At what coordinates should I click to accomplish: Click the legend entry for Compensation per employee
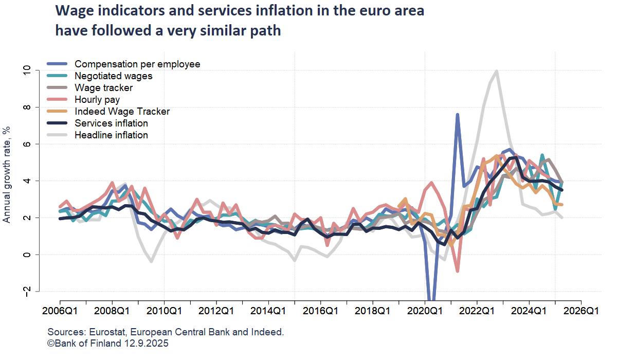pos(137,64)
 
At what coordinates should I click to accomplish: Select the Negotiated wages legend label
pos(113,76)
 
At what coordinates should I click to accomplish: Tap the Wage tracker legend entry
pos(103,88)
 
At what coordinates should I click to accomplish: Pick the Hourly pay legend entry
pos(98,100)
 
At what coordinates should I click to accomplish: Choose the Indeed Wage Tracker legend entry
pos(122,112)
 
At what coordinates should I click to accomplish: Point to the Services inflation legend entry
pos(111,123)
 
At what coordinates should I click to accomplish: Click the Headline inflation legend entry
pos(111,135)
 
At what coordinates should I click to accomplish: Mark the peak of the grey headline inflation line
pos(496,71)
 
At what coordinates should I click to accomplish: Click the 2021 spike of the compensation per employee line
pos(458,115)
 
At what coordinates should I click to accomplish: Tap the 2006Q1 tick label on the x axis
pos(60,311)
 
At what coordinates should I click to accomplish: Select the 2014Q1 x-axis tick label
pos(268,311)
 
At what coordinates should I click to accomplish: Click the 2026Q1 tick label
pos(581,311)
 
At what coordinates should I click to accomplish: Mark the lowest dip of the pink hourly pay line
pos(458,271)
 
